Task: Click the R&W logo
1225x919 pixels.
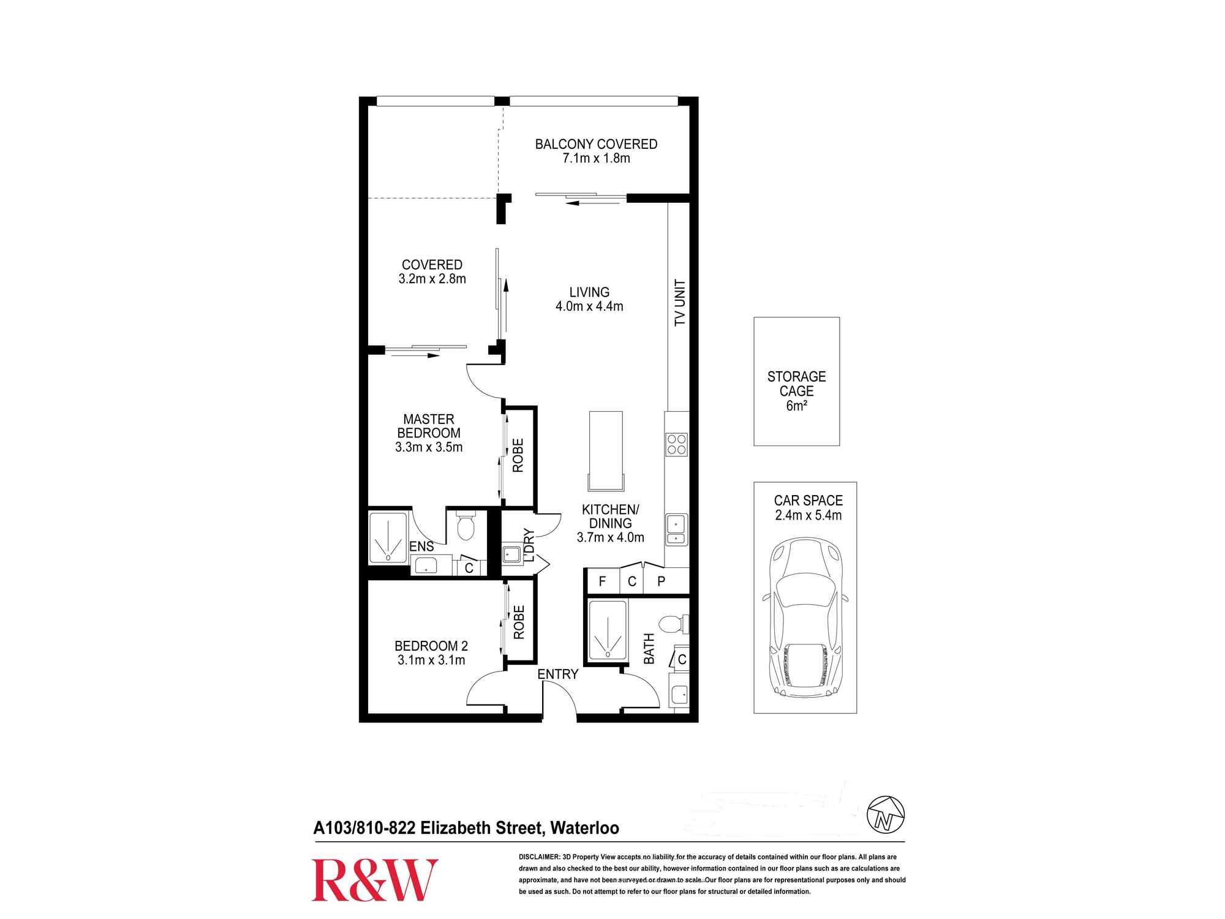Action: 375,880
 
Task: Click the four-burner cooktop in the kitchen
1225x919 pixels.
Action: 677,444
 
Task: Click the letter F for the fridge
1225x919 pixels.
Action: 602,581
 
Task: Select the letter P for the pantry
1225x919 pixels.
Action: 661,581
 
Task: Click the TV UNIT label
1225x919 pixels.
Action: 680,303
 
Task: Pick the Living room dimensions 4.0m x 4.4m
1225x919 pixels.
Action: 589,306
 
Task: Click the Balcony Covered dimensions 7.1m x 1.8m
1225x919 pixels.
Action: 596,158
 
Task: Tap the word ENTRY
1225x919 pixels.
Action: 557,674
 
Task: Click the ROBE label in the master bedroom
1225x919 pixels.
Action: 518,455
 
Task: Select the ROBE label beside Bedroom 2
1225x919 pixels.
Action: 519,622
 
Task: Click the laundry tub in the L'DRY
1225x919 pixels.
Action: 511,555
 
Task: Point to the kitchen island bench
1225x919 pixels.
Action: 606,450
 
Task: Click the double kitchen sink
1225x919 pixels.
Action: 676,530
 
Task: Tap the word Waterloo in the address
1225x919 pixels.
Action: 584,828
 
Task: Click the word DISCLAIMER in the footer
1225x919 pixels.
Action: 539,857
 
